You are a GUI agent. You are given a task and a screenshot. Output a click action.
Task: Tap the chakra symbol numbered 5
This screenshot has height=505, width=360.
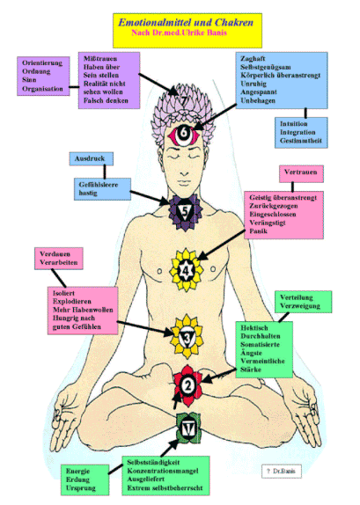[180, 211]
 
